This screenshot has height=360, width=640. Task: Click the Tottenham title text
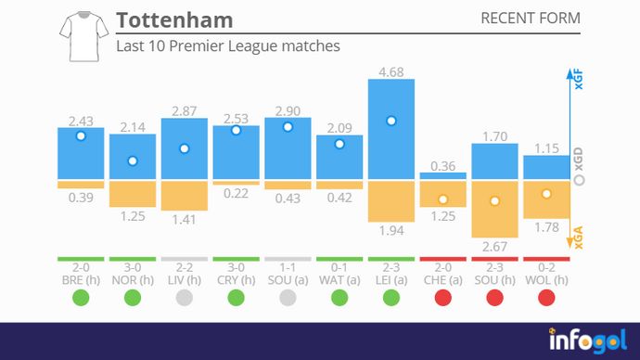tap(174, 20)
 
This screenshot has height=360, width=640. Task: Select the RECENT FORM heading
tap(531, 19)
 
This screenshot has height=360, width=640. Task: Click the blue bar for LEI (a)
tap(391, 130)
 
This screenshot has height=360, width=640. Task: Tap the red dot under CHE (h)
tap(443, 298)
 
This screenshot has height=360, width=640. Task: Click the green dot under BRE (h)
tap(81, 298)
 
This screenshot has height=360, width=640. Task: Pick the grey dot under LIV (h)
tap(184, 298)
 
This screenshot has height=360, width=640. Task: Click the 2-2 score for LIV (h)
tap(184, 266)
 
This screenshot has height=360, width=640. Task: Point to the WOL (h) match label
tap(546, 278)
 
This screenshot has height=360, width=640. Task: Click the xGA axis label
tap(579, 240)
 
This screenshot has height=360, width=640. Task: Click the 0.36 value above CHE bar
tap(443, 165)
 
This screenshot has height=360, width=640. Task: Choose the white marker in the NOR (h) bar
tap(133, 161)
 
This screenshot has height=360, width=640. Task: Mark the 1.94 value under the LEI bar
tap(391, 229)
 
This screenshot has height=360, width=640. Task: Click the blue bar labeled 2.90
tap(288, 148)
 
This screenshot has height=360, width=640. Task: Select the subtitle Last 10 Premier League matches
tap(228, 45)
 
